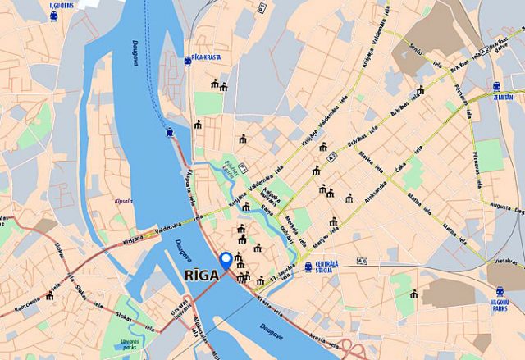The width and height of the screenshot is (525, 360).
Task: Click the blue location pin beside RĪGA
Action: tap(226, 260)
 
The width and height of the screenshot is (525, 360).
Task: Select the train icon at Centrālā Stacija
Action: tap(308, 267)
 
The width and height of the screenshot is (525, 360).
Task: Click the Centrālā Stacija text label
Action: tap(326, 267)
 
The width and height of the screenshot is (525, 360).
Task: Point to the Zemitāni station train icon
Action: tap(497, 86)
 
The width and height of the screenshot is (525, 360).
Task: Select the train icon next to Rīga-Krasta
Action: tap(188, 59)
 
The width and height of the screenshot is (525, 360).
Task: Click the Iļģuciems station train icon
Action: tap(54, 16)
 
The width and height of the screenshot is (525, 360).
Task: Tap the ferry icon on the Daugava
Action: tap(169, 131)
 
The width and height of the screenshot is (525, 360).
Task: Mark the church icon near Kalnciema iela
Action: tap(49, 295)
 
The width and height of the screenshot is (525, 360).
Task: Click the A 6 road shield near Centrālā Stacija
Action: tap(363, 262)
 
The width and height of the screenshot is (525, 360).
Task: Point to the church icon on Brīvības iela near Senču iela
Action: tap(420, 90)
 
